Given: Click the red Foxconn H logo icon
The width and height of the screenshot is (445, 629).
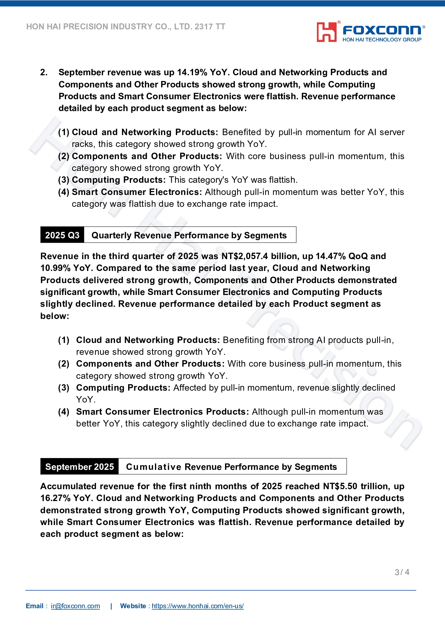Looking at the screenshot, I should point(327,32).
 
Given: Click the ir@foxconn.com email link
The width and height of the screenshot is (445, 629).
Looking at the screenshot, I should point(75,606).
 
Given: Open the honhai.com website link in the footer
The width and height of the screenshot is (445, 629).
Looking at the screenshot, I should point(198,606).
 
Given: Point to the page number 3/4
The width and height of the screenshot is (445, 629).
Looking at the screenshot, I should point(402,572).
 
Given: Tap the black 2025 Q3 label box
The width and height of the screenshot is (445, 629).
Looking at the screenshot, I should point(62,235).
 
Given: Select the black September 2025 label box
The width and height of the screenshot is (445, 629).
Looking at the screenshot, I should point(79,467).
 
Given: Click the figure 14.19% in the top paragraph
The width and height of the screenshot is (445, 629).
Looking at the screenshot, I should point(192,72).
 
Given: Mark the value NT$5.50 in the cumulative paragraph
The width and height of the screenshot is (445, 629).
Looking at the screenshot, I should point(340,486).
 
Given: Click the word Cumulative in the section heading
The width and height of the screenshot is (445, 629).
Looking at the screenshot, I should point(154,467).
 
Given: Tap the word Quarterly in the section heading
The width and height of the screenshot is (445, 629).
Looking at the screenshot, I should point(112,235).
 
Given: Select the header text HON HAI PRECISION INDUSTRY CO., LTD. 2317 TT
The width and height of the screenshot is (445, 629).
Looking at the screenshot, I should point(126,27).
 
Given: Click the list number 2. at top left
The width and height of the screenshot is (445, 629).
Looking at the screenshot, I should point(44,72).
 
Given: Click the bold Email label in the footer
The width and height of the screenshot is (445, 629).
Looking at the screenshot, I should point(34,606).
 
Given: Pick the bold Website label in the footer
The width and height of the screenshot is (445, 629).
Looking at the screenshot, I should point(133,606).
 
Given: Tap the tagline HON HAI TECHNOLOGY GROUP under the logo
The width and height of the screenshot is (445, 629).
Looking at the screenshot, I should point(382,40).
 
